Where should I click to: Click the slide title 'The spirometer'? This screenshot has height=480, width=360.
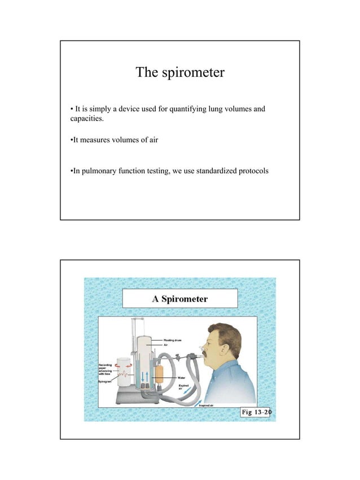click(x=180, y=73)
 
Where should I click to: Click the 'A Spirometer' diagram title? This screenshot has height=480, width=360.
click(x=180, y=298)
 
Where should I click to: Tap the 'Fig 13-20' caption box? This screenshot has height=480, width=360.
click(x=255, y=412)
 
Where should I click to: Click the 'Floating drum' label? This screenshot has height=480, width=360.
click(x=173, y=340)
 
